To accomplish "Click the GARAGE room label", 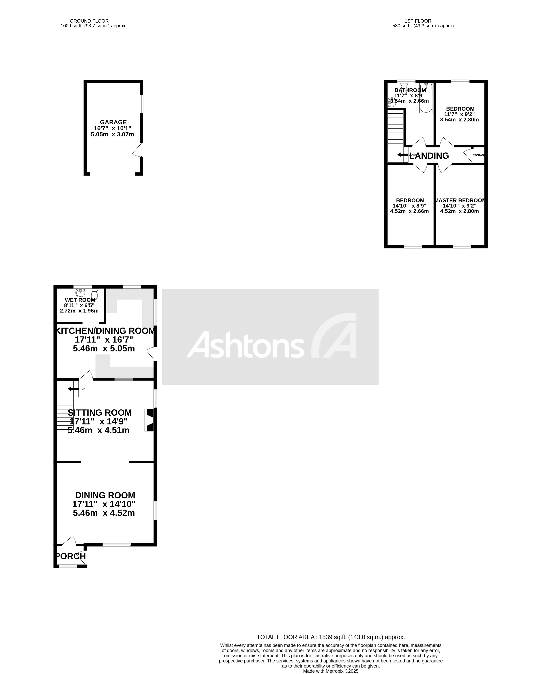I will tap(113, 122).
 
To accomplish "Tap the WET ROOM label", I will tap(80, 300).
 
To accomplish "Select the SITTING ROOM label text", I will tap(100, 412).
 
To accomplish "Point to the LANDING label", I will tap(429, 156).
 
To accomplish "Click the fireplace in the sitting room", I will tap(150, 421).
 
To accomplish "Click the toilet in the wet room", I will tap(94, 294).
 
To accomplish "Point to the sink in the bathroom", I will tap(391, 102).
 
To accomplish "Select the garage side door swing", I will tap(138, 150).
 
